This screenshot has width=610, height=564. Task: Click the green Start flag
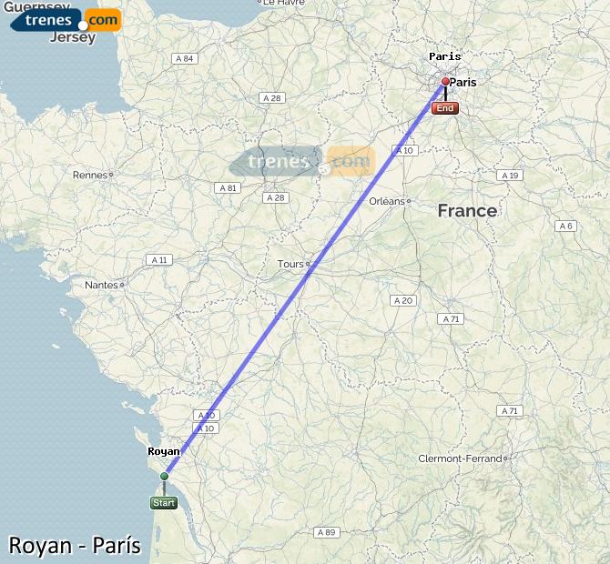tap(164, 502)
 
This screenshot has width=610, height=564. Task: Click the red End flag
tap(445, 108)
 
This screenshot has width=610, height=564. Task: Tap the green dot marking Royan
tap(165, 476)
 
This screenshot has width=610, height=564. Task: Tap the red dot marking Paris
tap(445, 82)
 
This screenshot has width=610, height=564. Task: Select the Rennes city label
tap(89, 175)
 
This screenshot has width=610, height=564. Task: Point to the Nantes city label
tap(101, 285)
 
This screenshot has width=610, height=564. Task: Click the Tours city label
tap(290, 265)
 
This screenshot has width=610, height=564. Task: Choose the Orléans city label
tap(387, 201)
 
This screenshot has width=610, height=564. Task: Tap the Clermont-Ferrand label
tap(459, 458)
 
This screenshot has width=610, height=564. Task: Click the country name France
tap(467, 211)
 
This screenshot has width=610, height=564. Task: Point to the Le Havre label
tap(283, 4)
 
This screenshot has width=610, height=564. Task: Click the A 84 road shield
tap(184, 58)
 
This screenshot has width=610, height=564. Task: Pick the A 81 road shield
tap(227, 187)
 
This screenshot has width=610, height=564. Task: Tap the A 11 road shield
tap(158, 259)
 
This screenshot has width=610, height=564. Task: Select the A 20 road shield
tap(402, 300)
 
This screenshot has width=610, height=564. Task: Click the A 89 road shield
tap(325, 531)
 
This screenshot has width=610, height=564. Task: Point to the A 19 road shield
tap(510, 175)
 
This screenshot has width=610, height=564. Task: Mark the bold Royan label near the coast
tap(164, 450)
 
